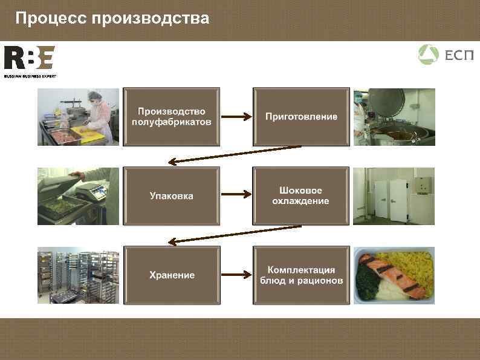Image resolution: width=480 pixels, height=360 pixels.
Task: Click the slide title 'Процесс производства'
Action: pos(112,19)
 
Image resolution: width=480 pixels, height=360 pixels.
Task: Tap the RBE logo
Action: pos(29,58)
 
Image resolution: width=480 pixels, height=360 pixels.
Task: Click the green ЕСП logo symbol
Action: pos(428,55)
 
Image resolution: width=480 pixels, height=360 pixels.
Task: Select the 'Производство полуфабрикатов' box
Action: pos(172,117)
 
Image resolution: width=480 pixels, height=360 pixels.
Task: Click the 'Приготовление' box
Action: pos(301,117)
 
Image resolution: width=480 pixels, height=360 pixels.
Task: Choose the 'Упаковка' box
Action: pos(172,195)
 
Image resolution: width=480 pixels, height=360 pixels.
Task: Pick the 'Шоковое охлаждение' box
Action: pos(301,195)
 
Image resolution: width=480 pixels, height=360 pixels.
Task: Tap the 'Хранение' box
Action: pos(172,275)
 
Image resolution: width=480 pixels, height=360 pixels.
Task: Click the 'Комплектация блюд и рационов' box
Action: pos(301,275)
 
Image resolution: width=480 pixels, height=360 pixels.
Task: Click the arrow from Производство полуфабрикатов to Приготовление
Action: pos(236,117)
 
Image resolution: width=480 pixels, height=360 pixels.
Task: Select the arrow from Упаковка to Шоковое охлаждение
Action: pos(236,195)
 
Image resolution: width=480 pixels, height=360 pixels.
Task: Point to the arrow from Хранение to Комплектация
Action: pos(236,275)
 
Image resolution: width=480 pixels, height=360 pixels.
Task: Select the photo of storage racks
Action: pos(78,275)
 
